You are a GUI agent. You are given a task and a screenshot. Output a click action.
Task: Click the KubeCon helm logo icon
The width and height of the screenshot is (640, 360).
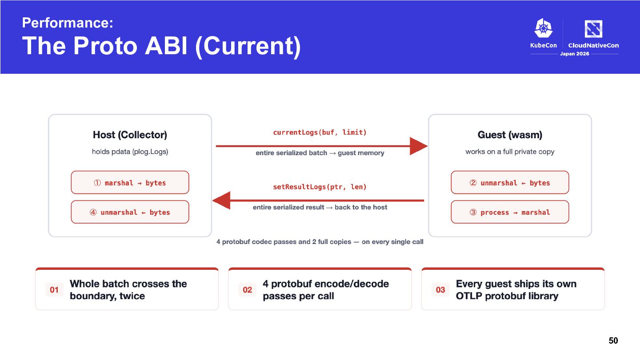click(x=544, y=28)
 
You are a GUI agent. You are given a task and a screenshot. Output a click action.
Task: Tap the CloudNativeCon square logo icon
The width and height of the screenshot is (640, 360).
click(x=593, y=29)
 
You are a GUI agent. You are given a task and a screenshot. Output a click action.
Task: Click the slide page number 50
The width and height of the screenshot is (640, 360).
click(x=613, y=340)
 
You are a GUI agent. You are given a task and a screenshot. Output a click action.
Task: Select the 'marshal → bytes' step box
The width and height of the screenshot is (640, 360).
click(x=130, y=183)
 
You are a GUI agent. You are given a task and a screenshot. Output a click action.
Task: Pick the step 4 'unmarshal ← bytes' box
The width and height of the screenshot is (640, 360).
click(x=130, y=212)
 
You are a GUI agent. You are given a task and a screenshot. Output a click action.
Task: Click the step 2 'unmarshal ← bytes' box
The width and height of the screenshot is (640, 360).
click(x=510, y=183)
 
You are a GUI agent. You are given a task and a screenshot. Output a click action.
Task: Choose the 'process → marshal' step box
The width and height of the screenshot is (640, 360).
click(x=510, y=212)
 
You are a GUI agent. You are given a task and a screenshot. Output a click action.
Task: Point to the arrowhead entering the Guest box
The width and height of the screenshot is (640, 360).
click(x=419, y=146)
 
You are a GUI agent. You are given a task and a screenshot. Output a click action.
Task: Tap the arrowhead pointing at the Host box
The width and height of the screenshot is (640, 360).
click(x=221, y=200)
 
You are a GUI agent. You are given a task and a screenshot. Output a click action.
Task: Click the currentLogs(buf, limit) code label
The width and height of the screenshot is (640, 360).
click(x=320, y=132)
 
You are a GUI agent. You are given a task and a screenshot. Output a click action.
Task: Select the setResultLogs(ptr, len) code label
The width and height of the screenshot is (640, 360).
click(x=320, y=187)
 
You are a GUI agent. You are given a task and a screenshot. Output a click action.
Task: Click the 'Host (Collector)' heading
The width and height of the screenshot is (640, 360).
click(x=130, y=135)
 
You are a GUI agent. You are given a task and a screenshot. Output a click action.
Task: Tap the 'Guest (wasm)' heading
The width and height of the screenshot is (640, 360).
click(x=510, y=135)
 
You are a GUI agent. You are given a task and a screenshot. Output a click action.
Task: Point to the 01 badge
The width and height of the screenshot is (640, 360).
click(x=54, y=290)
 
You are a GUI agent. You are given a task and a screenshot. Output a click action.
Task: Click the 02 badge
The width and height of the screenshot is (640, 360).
click(x=247, y=290)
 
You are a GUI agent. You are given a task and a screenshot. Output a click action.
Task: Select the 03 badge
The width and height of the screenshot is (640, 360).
click(x=440, y=290)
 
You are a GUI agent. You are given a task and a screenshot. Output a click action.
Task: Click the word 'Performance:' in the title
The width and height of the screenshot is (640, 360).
click(x=68, y=23)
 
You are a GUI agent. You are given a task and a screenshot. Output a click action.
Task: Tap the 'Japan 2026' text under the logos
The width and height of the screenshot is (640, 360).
click(x=575, y=54)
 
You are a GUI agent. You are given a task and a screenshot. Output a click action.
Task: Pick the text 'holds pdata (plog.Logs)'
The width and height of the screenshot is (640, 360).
click(x=130, y=152)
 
